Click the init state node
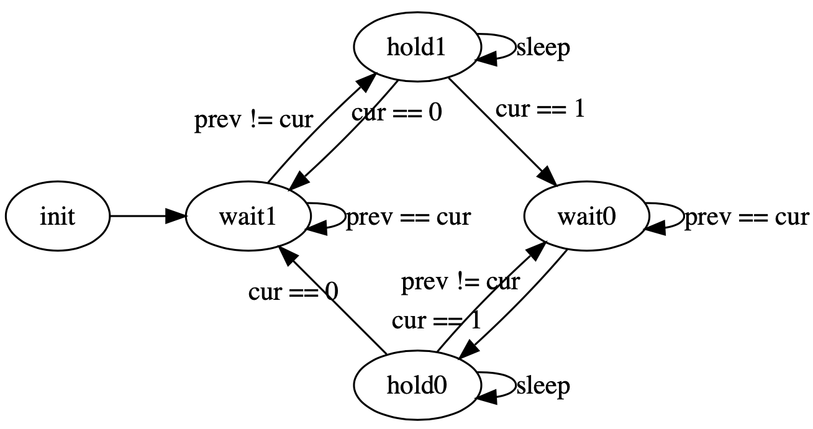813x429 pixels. pyautogui.click(x=57, y=217)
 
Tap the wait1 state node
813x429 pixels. pyautogui.click(x=247, y=217)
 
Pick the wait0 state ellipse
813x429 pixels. pyautogui.click(x=586, y=217)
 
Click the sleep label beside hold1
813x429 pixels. pyautogui.click(x=543, y=48)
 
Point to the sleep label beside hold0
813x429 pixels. pyautogui.click(x=543, y=386)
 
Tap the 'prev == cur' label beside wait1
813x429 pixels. pyautogui.click(x=408, y=217)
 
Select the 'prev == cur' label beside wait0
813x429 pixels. pyautogui.click(x=747, y=217)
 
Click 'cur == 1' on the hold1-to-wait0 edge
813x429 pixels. pyautogui.click(x=539, y=109)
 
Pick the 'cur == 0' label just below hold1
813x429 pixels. pyautogui.click(x=396, y=114)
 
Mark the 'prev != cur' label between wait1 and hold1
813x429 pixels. pyautogui.click(x=253, y=119)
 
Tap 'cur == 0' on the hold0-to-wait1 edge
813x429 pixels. pyautogui.click(x=293, y=291)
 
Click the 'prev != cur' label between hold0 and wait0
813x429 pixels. pyautogui.click(x=460, y=282)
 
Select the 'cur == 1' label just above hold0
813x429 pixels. pyautogui.click(x=436, y=320)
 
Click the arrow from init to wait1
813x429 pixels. pyautogui.click(x=147, y=217)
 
